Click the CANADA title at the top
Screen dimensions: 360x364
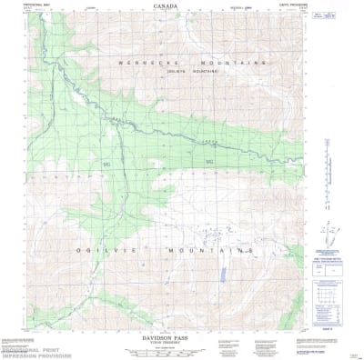[166, 5]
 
